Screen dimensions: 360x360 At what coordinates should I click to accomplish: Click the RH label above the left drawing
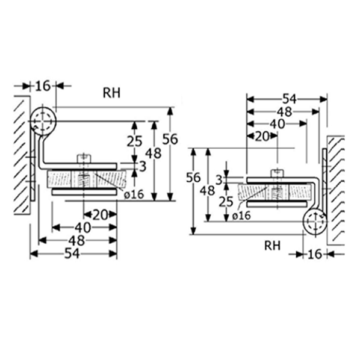point(111,93)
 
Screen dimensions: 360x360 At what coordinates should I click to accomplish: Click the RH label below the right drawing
point(272,246)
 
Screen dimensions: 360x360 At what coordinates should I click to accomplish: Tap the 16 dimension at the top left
point(43,86)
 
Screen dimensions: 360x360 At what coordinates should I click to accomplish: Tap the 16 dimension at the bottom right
point(315,254)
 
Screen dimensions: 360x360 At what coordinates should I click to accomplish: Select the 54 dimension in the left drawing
point(72,254)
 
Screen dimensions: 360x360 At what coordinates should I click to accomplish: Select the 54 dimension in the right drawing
point(290,99)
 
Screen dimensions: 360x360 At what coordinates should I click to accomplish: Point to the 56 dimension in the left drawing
point(170,139)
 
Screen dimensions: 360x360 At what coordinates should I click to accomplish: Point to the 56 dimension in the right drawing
point(193,178)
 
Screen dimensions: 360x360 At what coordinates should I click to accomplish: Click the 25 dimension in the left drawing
point(134,141)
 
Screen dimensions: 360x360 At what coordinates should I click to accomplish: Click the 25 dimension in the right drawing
point(226,202)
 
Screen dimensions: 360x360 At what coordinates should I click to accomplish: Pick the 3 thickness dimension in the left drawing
point(143,166)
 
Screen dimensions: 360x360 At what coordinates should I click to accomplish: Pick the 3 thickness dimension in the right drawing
point(220,180)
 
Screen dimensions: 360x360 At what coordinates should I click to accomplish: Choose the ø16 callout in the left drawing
point(134,194)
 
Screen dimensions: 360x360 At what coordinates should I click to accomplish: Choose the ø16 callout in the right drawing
point(241,216)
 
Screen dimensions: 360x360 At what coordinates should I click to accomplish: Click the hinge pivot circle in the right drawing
point(315,222)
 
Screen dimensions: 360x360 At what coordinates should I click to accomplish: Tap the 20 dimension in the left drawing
point(101,215)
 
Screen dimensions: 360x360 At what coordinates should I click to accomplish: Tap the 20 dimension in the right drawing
point(262,137)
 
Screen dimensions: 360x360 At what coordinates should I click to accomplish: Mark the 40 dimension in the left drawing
point(82,228)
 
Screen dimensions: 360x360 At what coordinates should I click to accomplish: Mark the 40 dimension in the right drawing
point(277,124)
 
